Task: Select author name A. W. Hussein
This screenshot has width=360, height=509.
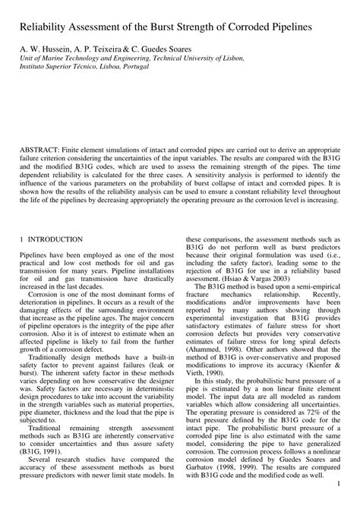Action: click(46, 48)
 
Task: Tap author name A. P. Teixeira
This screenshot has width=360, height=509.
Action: click(106, 48)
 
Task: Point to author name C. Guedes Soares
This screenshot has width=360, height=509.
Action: click(174, 48)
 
